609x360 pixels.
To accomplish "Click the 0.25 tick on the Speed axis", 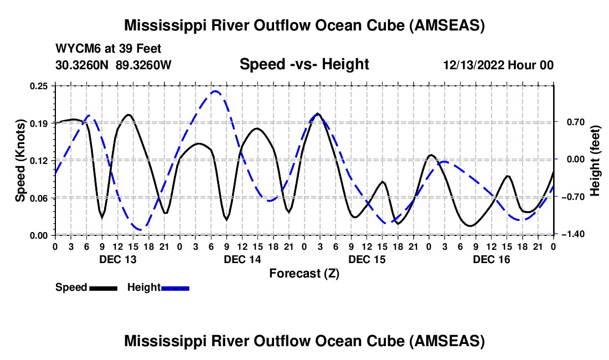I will (x=40, y=86).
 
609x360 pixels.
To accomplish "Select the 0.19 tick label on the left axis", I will (x=40, y=123).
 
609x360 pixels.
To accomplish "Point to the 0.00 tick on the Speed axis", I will (x=40, y=235).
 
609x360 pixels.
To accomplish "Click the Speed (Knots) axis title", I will (x=20, y=161).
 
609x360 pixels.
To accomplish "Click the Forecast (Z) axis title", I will (x=303, y=273).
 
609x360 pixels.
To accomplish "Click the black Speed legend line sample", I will (x=103, y=287).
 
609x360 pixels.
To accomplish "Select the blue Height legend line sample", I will (x=175, y=287).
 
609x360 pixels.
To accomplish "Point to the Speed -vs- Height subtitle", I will (x=304, y=65).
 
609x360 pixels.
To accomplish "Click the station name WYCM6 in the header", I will (x=75, y=49).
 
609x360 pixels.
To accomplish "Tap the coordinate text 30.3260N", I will (x=82, y=65).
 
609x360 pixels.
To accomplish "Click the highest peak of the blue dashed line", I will (x=215, y=92).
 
